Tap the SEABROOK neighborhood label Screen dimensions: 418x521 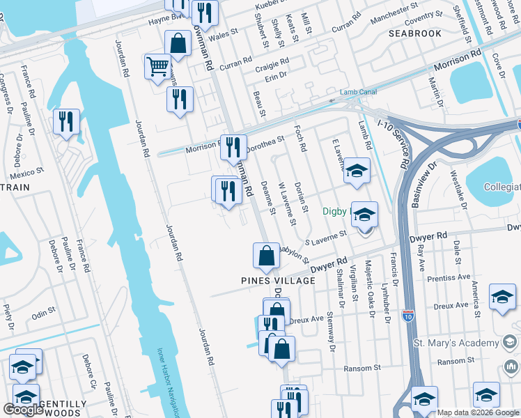tap(415, 33)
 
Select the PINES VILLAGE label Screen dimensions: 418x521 tap(278, 280)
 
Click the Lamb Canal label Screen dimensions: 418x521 tap(358, 92)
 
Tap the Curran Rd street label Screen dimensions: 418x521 tap(235, 64)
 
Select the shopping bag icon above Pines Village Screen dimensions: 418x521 tap(266, 256)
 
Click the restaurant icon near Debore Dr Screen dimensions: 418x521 tap(67, 123)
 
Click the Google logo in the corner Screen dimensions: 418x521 tap(24, 410)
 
